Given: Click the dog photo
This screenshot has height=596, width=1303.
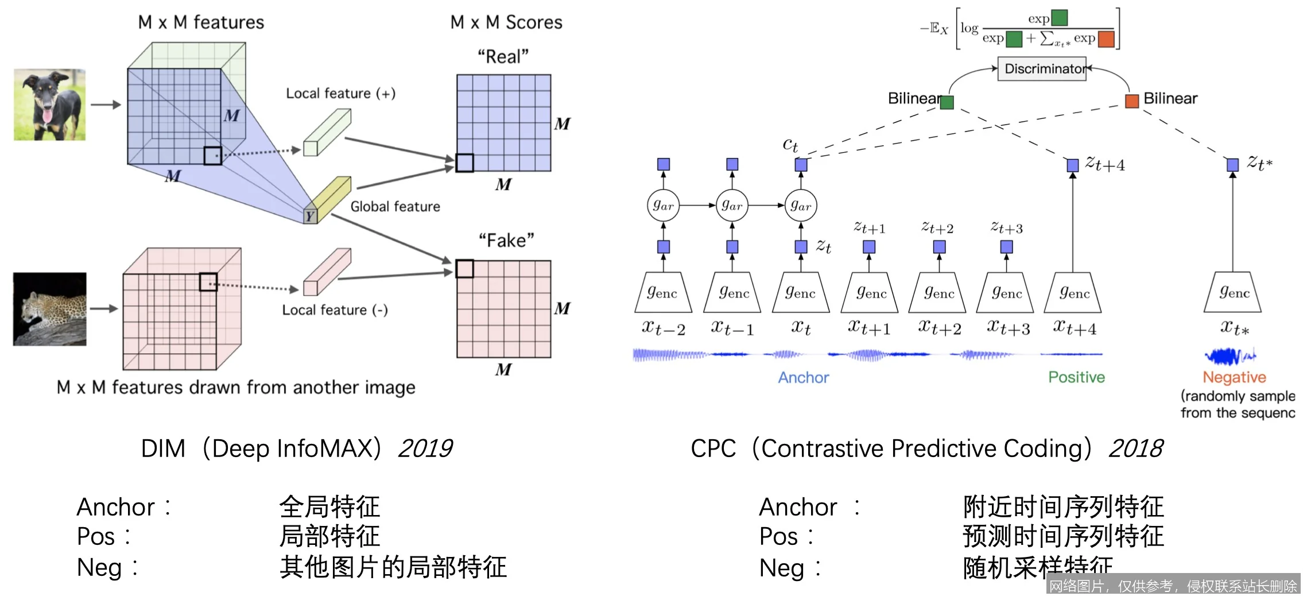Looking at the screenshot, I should (x=50, y=105).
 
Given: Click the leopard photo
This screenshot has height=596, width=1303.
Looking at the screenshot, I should (x=50, y=309).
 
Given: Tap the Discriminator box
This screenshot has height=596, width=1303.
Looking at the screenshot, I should (x=1042, y=69).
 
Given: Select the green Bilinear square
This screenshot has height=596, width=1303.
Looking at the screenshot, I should (x=947, y=102).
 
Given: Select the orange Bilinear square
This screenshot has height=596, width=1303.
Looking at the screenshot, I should (x=1131, y=102).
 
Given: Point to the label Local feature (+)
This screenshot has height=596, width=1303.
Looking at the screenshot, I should (x=340, y=94).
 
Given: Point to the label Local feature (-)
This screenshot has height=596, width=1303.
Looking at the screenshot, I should (x=335, y=310).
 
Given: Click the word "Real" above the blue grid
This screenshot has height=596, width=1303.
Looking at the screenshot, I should (x=503, y=57).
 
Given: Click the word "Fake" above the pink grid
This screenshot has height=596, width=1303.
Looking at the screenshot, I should (x=506, y=240).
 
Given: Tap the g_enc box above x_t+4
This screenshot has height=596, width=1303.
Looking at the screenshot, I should (x=1074, y=293).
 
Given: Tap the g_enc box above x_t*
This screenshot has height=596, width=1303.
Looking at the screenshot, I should (x=1233, y=293).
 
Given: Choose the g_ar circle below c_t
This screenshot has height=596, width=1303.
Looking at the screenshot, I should (x=801, y=206).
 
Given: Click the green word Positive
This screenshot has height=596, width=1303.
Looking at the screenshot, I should (x=1076, y=377).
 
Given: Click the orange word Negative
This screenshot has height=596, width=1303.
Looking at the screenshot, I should (x=1234, y=377).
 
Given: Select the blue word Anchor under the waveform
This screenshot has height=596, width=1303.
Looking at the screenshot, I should (x=803, y=377).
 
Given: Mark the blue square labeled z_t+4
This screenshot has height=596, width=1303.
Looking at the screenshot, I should (x=1072, y=165).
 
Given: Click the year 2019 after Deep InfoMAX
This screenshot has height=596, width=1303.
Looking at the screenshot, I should (x=425, y=448).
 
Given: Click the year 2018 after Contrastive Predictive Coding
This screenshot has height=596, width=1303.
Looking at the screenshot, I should (x=1135, y=448).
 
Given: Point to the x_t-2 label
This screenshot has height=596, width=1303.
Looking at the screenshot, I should (x=664, y=328).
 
